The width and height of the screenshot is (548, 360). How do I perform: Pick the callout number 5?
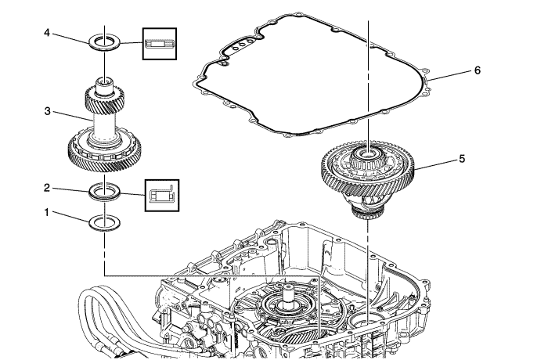click(x=462, y=158)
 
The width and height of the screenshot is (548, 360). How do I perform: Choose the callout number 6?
click(x=478, y=70)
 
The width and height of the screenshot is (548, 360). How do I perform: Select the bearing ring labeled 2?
click(x=103, y=189)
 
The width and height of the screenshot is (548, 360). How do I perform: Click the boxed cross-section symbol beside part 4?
click(x=160, y=44)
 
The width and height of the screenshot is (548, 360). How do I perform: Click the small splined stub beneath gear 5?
click(x=367, y=215)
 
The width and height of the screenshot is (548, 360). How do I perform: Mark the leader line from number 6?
click(x=449, y=75)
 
